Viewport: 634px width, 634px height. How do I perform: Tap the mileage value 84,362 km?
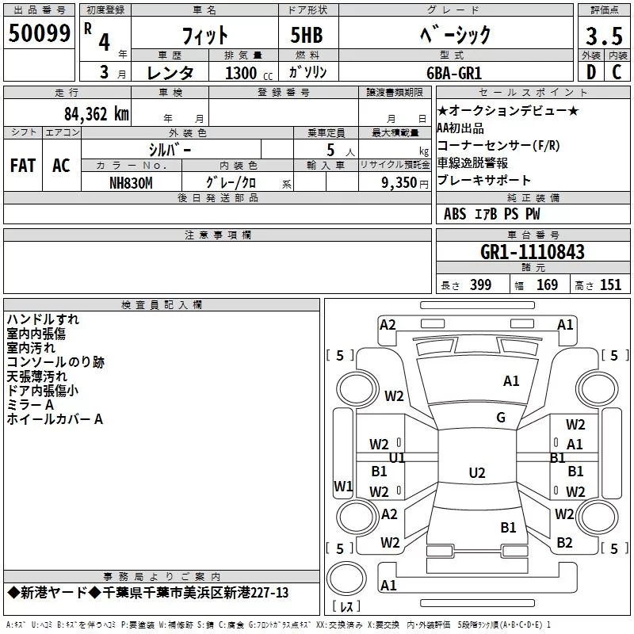coord(96,114)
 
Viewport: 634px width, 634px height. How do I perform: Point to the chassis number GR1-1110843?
coord(533,252)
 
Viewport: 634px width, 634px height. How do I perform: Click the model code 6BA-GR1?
coord(456,72)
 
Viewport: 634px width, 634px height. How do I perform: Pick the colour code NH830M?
coord(131,182)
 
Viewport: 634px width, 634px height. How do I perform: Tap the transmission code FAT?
coord(22,166)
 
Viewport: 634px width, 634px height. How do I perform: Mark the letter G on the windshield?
coord(501,418)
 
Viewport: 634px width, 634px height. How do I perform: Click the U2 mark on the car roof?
coord(476,473)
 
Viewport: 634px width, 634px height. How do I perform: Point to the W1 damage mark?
coord(342,486)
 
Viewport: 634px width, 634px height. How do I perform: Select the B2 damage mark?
coord(564,543)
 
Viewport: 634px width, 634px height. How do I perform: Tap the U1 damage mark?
coord(397,458)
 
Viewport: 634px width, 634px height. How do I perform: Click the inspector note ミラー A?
coord(30,405)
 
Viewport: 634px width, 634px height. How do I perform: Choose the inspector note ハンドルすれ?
coord(43,319)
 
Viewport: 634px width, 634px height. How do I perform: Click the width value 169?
coord(547,285)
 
